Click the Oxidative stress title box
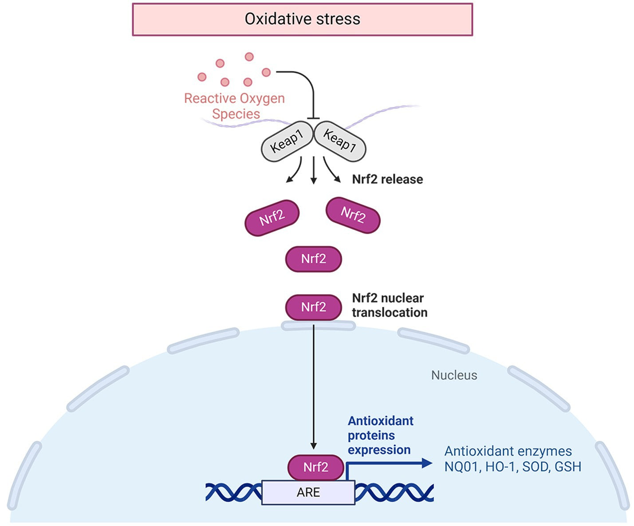coord(302,19)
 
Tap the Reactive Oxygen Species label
coord(235,106)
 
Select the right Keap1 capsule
coord(340,141)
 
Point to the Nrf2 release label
coord(387,179)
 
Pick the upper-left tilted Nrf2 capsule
coord(272,217)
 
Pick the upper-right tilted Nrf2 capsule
coord(353,215)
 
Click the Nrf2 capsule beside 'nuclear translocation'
coord(313,307)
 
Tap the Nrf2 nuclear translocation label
coord(390,305)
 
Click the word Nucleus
coord(454,375)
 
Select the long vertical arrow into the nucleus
coord(314,386)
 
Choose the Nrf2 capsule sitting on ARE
coord(315,467)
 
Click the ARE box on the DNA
coord(308,492)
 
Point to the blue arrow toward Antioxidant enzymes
coord(390,463)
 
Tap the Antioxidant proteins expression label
coord(380,435)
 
